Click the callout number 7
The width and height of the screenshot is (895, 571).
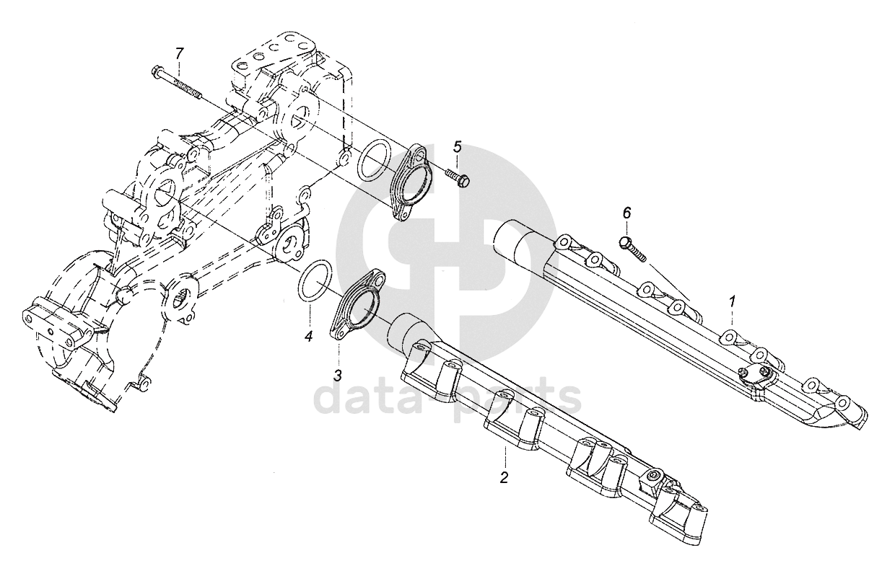[180, 53]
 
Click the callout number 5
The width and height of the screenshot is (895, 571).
[457, 148]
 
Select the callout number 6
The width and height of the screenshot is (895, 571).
[626, 213]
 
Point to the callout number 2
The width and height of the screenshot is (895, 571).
[504, 477]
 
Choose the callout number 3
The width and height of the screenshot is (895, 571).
[337, 376]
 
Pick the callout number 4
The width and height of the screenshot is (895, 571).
[308, 336]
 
